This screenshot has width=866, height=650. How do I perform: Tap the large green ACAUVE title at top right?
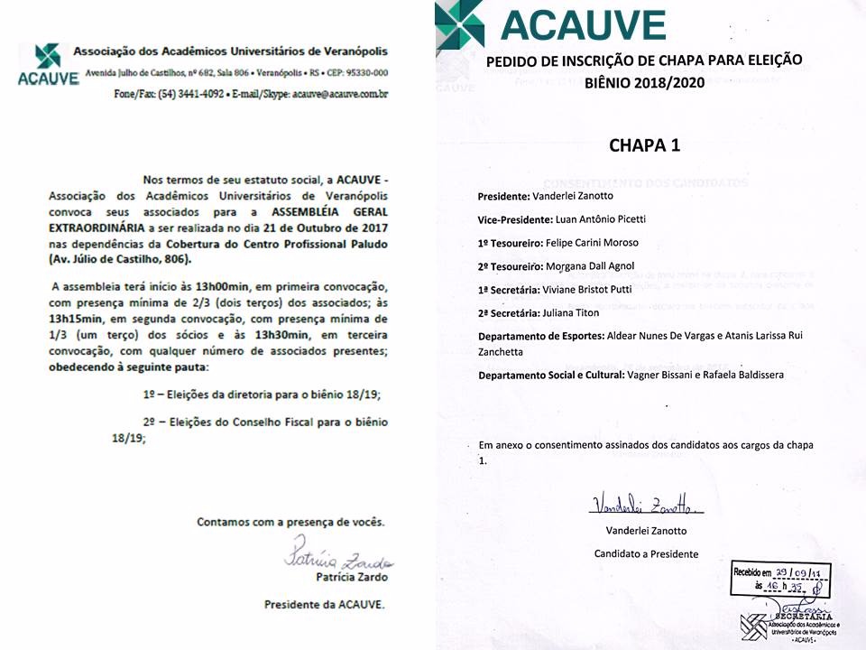coord(583,25)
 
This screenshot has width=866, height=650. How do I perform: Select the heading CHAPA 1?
coord(644,145)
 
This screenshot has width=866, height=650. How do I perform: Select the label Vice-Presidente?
coord(514,220)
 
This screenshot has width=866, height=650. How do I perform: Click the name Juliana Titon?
coord(576,312)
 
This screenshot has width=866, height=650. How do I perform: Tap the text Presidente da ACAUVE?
coord(324,605)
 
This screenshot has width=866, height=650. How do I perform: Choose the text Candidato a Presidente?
coord(645,553)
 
